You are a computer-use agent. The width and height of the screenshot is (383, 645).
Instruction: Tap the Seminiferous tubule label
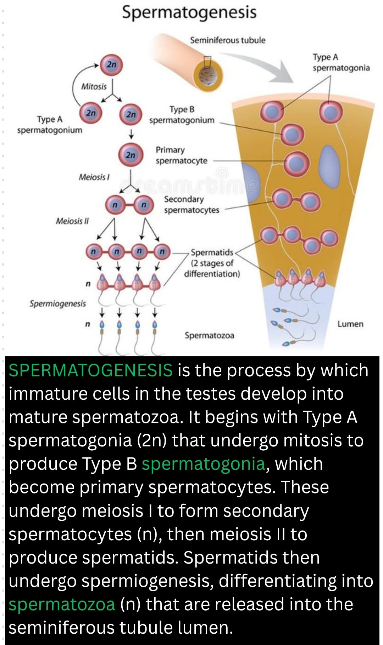tap(228, 40)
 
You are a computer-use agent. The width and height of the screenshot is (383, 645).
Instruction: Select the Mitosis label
tap(94, 86)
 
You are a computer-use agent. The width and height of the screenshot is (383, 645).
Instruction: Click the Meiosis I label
tap(94, 177)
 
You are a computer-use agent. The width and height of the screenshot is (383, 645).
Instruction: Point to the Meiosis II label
tap(72, 221)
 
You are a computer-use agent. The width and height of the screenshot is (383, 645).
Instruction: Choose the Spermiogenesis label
tap(58, 304)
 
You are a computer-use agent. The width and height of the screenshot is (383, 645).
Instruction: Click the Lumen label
tap(350, 324)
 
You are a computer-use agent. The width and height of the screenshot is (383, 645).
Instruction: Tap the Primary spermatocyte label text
tap(182, 155)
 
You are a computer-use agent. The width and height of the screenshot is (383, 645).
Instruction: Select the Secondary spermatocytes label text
tap(191, 205)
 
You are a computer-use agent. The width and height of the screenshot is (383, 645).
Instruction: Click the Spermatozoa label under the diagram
tap(209, 335)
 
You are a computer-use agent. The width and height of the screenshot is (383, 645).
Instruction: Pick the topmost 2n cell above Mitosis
tap(111, 65)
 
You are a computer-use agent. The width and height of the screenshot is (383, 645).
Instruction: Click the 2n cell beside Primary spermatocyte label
tap(131, 155)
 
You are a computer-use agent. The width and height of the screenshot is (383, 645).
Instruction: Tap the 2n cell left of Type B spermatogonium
tap(131, 114)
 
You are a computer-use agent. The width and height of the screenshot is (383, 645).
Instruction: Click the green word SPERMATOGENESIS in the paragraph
tap(91, 370)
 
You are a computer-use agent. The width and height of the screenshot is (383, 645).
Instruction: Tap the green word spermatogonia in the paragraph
tap(204, 464)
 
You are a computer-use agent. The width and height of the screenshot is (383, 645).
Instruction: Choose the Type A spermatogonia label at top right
tap(341, 62)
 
